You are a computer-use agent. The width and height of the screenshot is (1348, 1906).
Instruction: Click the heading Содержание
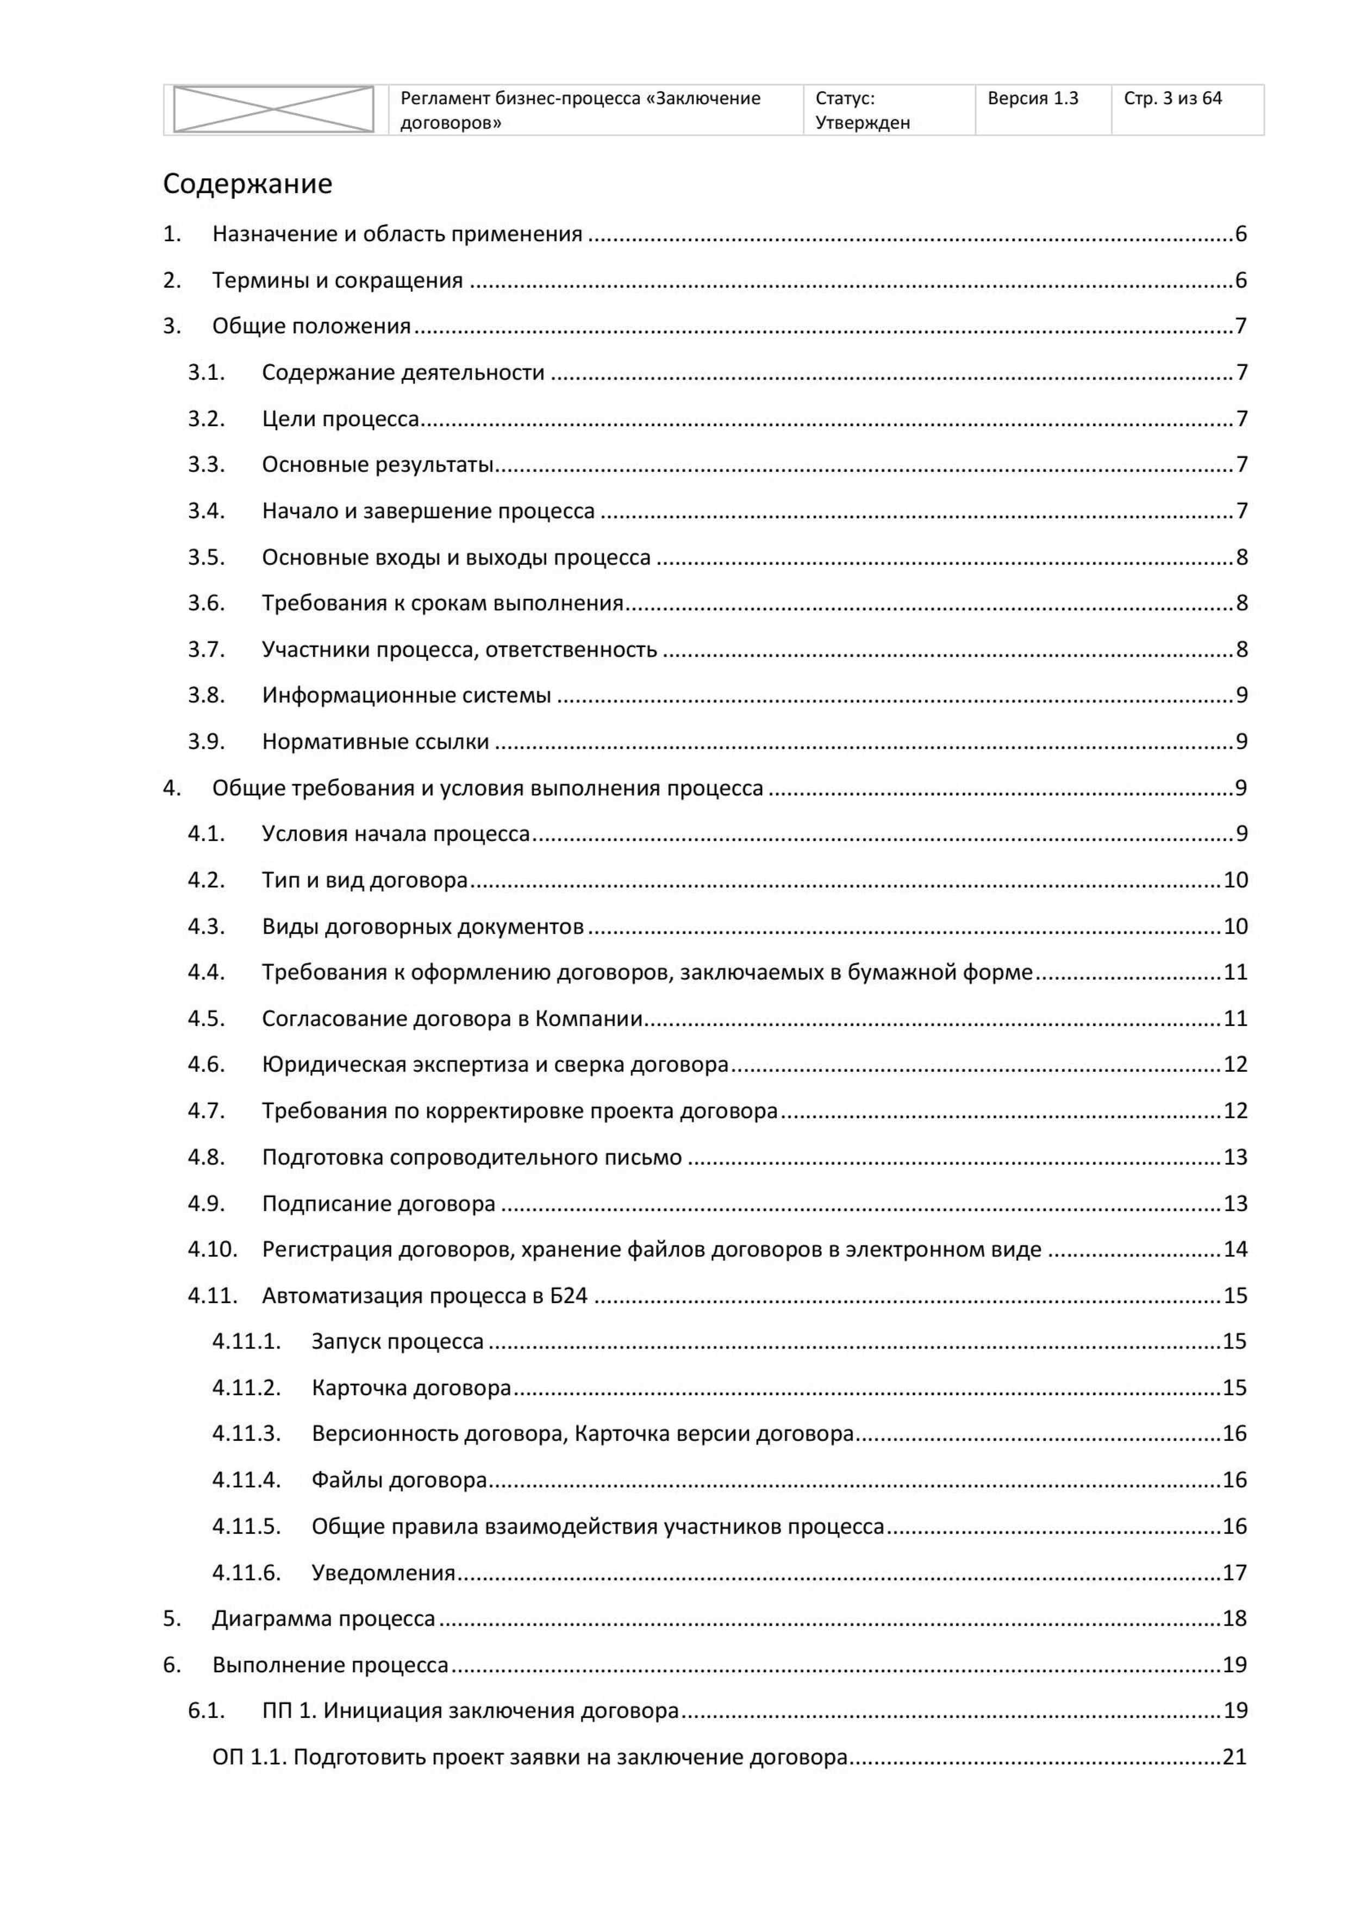pos(247,184)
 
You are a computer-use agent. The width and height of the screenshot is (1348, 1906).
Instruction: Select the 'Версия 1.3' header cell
pos(1033,99)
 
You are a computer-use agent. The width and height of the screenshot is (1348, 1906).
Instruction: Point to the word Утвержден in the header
pos(863,123)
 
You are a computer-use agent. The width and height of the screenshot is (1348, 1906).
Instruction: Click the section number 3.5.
pos(206,557)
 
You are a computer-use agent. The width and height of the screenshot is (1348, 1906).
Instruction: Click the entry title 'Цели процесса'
pos(340,419)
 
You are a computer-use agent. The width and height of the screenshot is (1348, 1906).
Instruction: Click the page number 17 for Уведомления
pos(1234,1572)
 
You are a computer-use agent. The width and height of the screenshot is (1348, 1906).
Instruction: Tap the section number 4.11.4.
pos(247,1479)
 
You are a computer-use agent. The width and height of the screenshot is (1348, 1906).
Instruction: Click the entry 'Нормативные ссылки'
pos(375,741)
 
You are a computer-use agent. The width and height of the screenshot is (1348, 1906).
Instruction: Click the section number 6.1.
pos(206,1710)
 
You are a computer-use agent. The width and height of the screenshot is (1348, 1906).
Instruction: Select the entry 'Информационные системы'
pos(406,695)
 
